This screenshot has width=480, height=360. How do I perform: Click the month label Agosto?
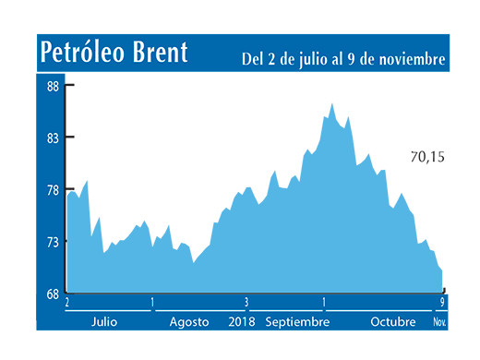191,322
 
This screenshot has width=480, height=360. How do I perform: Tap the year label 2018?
241,322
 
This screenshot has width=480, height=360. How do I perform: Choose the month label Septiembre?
297,322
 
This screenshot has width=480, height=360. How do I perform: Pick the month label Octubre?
394,322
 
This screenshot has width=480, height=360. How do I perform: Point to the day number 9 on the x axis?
444,302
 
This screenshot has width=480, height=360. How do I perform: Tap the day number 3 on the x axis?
246,302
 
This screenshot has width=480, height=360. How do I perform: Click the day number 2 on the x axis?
67,302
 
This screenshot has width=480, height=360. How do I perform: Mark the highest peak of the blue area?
331,104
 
